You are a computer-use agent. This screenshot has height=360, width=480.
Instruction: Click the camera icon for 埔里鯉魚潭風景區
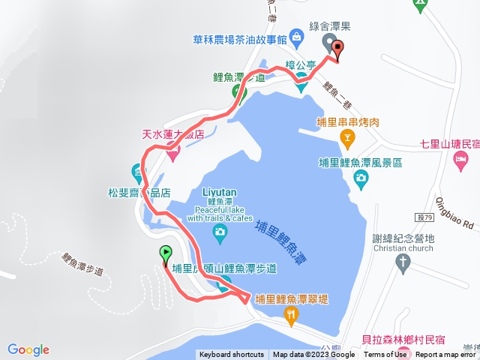coord(361,179)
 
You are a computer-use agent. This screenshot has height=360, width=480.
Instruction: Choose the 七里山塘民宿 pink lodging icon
coord(461,159)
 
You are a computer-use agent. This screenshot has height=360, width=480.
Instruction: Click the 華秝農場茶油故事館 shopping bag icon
coord(298,36)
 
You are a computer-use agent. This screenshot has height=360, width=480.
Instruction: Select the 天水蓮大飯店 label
coord(173,136)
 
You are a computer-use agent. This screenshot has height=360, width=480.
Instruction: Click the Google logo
coord(28,349)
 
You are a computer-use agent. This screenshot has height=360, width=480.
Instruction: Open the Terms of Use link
coord(385,355)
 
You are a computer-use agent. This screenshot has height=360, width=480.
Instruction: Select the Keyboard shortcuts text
coord(231,355)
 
